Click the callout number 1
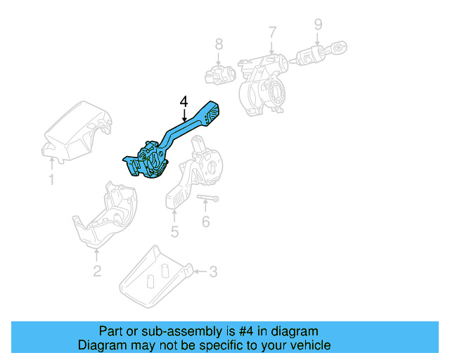pyautogui.click(x=51, y=181)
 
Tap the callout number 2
pyautogui.click(x=96, y=271)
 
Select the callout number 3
pyautogui.click(x=214, y=271)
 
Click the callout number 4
pyautogui.click(x=184, y=101)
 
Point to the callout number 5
pyautogui.click(x=174, y=231)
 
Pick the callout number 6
pyautogui.click(x=205, y=222)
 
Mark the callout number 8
pyautogui.click(x=219, y=44)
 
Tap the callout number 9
pyautogui.click(x=318, y=25)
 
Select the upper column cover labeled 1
pyautogui.click(x=75, y=131)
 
